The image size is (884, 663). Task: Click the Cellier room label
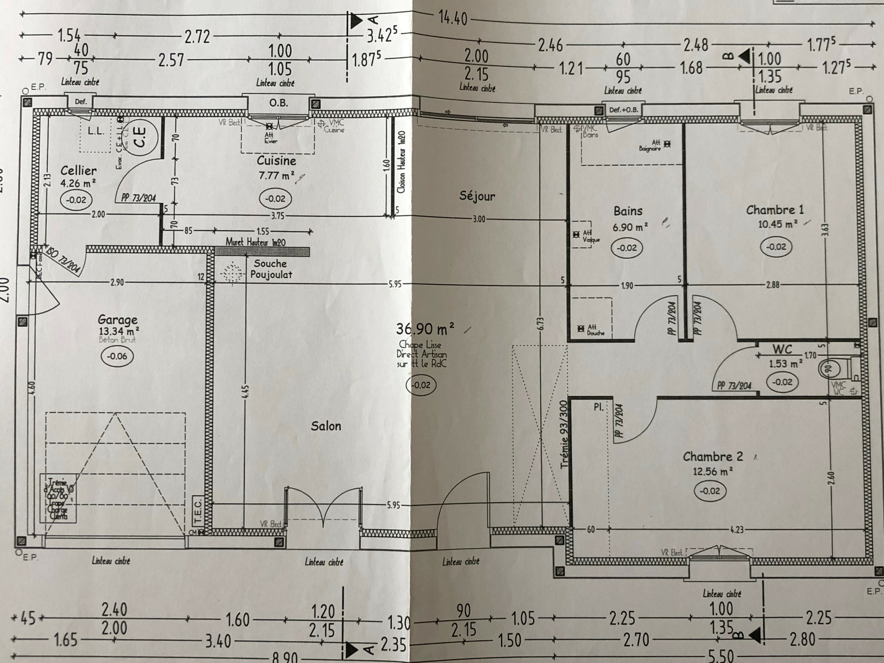coord(78,171)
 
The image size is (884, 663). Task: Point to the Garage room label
coord(118,320)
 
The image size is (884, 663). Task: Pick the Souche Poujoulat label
coord(271,269)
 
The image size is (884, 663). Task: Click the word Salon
coord(326,426)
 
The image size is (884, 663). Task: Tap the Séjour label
coord(477,196)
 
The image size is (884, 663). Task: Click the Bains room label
coord(628,211)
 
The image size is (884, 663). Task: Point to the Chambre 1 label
coord(775,210)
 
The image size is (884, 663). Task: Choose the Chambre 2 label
coord(713,457)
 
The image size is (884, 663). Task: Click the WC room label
coord(782,349)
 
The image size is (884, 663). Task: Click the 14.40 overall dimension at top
coord(452,18)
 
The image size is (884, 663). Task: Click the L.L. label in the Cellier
coord(96,131)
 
